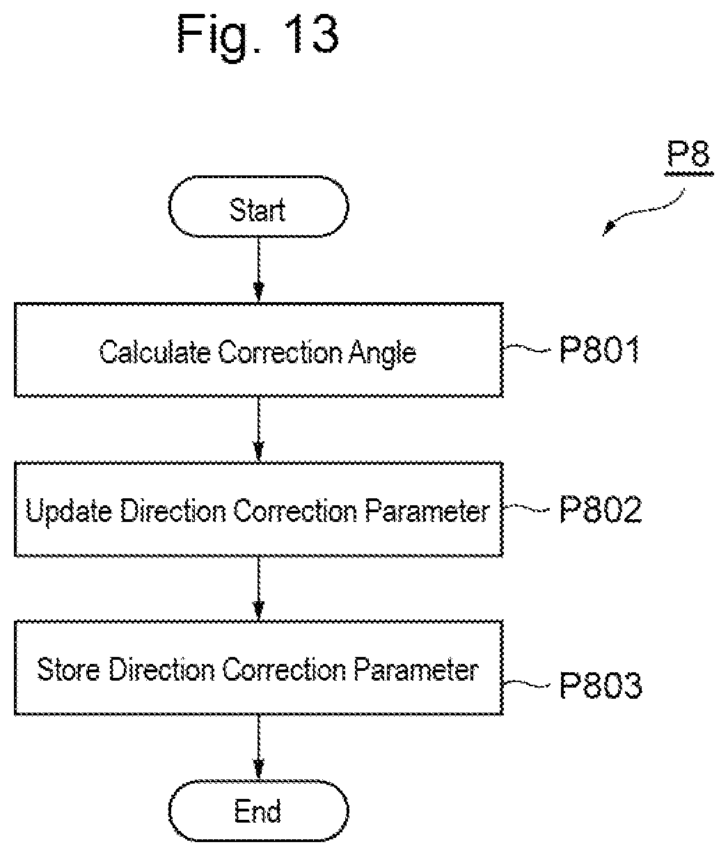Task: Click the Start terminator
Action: [258, 207]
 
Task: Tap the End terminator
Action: [258, 811]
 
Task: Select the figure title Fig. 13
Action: [258, 35]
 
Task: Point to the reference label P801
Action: [599, 350]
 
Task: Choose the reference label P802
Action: [600, 509]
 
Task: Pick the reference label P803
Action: [600, 685]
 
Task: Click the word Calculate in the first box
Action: [155, 352]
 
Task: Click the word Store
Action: [68, 669]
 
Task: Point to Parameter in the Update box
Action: [427, 511]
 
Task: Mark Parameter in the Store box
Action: [416, 669]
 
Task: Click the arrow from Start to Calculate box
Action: [258, 270]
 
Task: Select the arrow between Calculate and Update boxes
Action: [258, 429]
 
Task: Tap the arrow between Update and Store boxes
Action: [258, 589]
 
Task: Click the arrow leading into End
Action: [258, 747]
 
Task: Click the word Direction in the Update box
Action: [173, 511]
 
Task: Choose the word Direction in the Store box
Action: [162, 669]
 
